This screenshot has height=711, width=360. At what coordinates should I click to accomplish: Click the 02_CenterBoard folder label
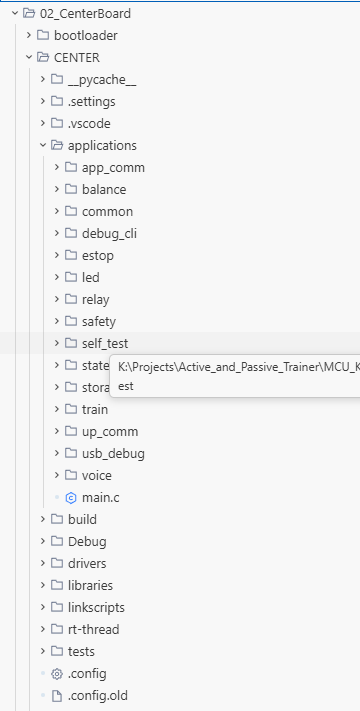coord(85,14)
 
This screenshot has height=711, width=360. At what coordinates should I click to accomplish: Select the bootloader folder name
coord(86,35)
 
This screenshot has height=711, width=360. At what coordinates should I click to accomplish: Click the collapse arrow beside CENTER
coord(29,58)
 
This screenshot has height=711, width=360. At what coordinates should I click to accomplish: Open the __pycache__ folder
coord(102,80)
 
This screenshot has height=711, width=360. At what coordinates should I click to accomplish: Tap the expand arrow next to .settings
coord(43,101)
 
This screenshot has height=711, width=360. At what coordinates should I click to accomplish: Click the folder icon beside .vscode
coord(57,123)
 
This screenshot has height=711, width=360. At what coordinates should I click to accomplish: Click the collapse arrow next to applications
coord(43,146)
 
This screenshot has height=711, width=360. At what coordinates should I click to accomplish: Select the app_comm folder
coord(113,168)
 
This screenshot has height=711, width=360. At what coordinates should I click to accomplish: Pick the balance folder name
coord(104,190)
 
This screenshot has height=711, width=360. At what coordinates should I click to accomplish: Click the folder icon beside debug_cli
coord(71,234)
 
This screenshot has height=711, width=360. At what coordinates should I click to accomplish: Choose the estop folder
coord(97,256)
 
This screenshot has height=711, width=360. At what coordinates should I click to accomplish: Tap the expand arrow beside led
coord(57,278)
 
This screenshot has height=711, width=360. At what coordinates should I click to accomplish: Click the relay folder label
coord(95,300)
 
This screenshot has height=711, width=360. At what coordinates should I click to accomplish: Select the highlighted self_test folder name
coord(105,344)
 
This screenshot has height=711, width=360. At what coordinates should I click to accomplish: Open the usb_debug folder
coord(113,453)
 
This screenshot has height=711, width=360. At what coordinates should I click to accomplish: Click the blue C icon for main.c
coord(71,498)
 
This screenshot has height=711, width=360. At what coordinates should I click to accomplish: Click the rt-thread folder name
coord(93,629)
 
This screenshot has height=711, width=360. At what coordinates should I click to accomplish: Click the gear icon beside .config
coord(57,674)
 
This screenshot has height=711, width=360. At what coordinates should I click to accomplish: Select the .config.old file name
coord(97,696)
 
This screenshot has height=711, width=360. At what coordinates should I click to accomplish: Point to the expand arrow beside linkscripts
coord(43,607)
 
